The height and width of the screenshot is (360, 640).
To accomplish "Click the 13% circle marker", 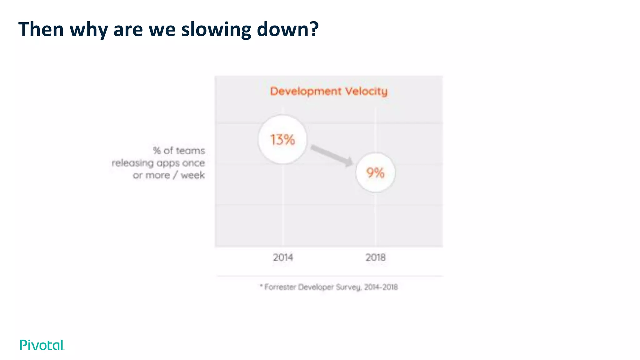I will tap(282, 139).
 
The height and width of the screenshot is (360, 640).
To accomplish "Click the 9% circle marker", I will tap(375, 172).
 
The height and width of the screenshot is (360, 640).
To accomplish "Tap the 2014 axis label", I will tap(283, 257).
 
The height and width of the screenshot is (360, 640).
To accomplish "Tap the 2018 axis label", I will tap(375, 257).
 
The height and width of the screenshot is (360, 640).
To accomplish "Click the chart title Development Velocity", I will tap(329, 91).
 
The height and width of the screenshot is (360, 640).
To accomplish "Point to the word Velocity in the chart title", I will tap(366, 91).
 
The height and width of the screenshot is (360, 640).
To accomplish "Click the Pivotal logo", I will tap(42, 345).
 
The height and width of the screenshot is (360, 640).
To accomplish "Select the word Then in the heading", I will tap(41, 29).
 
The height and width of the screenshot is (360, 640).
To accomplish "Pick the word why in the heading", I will tap(88, 29).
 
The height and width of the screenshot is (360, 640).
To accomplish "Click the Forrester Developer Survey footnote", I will tap(329, 287).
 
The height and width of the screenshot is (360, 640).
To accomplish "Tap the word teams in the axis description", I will tap(190, 151).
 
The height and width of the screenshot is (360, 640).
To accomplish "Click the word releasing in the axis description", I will tap(133, 163).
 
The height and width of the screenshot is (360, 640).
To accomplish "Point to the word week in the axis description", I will tap(193, 175).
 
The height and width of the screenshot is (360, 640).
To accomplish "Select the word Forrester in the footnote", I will tap(280, 287).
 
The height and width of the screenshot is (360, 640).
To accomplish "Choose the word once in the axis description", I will tap(193, 163).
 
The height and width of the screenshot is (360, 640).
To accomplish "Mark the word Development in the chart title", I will tap(306, 91).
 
